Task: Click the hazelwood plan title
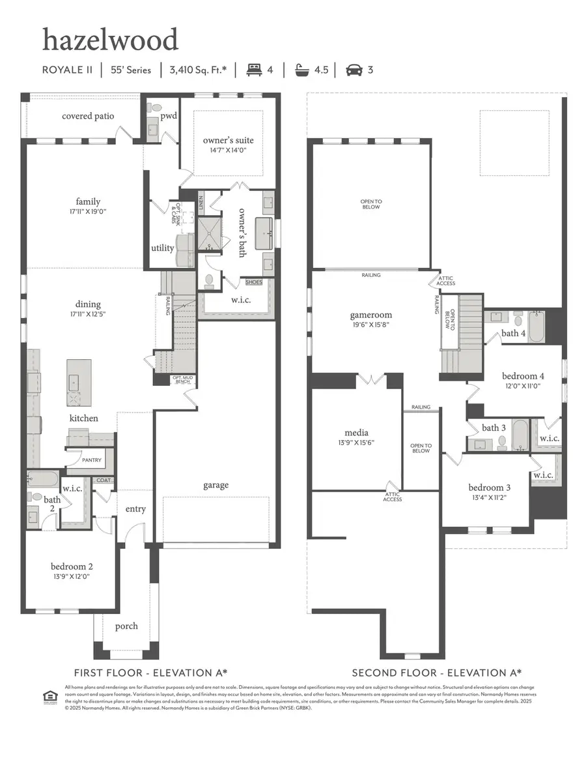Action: coord(110,40)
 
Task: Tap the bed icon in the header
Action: coord(254,70)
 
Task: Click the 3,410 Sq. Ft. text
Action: coord(198,70)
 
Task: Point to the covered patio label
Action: coord(88,116)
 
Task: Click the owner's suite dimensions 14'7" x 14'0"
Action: coord(228,150)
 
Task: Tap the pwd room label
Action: coord(169,116)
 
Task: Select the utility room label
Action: coord(162,248)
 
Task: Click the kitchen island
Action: coord(79,383)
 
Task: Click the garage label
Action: coord(216,484)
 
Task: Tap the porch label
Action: coord(126,626)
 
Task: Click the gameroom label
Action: coord(370,315)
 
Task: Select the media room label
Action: coord(356,433)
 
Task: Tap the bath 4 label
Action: coord(513,333)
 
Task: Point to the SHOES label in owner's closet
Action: coord(254,282)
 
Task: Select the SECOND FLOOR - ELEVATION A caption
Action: coord(437,673)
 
